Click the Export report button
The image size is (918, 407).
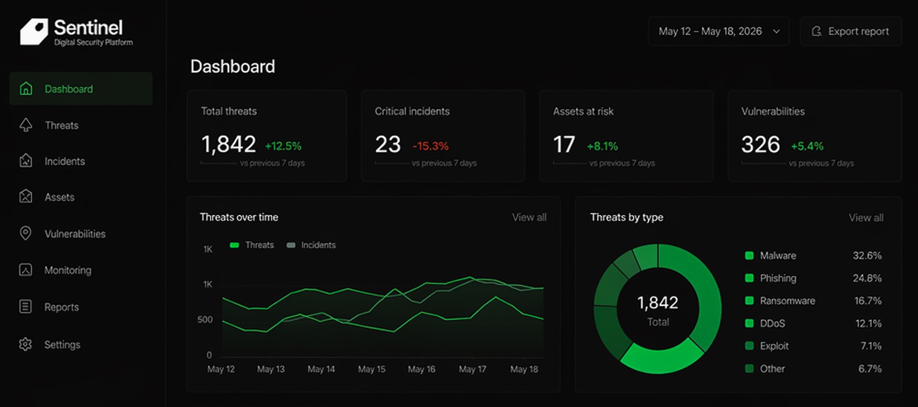[x=851, y=31]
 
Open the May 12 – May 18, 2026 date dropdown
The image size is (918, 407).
[x=719, y=31]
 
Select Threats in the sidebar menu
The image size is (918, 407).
[x=61, y=125]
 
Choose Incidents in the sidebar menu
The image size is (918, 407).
[x=64, y=161]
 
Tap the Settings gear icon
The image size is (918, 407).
[x=26, y=344]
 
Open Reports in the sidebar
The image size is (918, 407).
[x=61, y=307]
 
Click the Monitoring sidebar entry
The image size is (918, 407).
[x=68, y=270]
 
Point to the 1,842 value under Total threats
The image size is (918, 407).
[x=229, y=144]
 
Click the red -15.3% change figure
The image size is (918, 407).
[x=430, y=146]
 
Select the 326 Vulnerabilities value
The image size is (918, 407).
[x=761, y=144]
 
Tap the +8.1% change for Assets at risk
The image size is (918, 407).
[x=602, y=146]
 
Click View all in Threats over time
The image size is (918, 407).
[x=529, y=218]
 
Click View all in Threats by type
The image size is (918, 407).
[x=866, y=218]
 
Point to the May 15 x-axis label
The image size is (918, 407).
[x=372, y=369]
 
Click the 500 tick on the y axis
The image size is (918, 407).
[x=205, y=320]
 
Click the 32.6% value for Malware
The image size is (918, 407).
[x=867, y=255]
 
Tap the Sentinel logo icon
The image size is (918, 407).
[x=34, y=32]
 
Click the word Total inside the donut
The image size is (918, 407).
[x=658, y=322]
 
